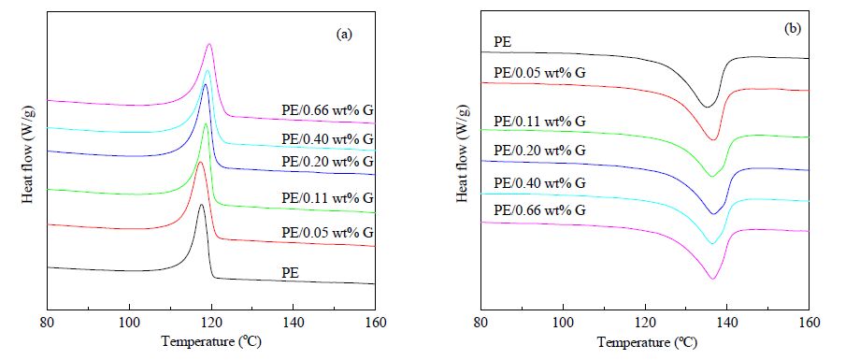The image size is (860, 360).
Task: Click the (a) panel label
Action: coord(344,35)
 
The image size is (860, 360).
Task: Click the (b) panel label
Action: coord(793,30)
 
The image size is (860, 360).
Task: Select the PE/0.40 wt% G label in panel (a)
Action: coord(327,140)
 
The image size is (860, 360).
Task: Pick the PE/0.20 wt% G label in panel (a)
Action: coord(327,162)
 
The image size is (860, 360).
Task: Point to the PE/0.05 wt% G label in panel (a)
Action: coord(327,233)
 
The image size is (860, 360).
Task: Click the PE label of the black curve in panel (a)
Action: coord(289,271)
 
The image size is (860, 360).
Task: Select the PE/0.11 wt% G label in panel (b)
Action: coord(539,121)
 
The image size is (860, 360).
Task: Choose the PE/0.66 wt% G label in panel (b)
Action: coord(539,210)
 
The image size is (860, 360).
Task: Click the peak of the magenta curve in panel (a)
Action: coord(209,44)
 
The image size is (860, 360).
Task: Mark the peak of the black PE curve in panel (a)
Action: coord(201,205)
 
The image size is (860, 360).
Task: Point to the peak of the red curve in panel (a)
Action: coord(201,162)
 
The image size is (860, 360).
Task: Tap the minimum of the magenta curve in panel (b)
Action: coord(713,279)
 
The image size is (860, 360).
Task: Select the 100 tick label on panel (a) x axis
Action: coord(129,322)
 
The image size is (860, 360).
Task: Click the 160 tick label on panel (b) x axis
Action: coord(809,322)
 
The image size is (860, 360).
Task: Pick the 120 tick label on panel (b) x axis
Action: coord(645,322)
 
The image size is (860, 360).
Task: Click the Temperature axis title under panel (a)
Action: coord(211,342)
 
